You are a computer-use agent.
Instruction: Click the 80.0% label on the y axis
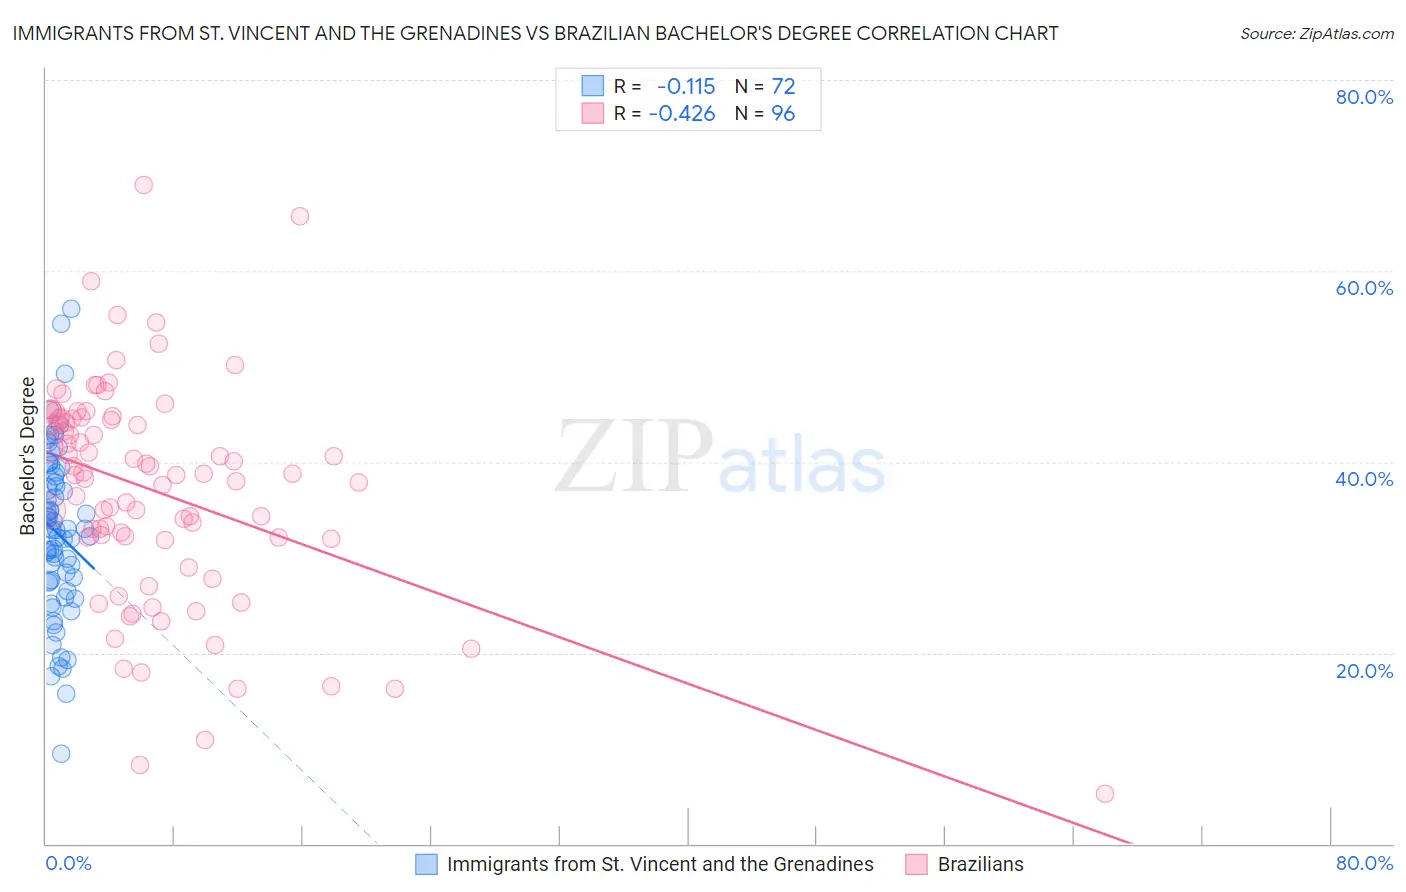tap(1364, 97)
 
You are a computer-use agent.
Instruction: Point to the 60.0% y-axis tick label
tap(1364, 288)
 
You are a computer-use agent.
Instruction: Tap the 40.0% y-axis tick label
tap(1364, 479)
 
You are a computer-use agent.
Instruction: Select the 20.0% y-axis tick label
tap(1364, 671)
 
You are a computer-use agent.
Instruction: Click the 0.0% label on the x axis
tap(68, 863)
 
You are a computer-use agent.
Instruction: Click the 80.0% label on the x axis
tap(1364, 863)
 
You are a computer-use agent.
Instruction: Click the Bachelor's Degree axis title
tap(28, 456)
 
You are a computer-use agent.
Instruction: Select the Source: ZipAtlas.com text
tap(1316, 34)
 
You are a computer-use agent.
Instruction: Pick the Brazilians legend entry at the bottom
tap(980, 864)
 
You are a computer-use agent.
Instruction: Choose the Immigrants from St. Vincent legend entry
tap(659, 864)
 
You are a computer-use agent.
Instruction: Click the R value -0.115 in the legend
tap(686, 86)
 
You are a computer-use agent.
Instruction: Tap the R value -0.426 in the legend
tap(682, 114)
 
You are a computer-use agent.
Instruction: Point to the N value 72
tap(783, 86)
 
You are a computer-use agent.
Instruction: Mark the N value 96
tap(783, 114)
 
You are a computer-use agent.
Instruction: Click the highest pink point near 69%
tap(143, 185)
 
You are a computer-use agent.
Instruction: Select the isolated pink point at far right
tap(1104, 794)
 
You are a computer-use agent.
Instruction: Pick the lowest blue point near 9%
tap(61, 754)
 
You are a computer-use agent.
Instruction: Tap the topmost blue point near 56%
tap(71, 309)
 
